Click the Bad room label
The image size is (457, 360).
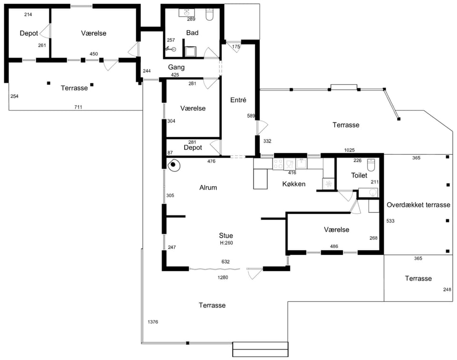click(x=192, y=33)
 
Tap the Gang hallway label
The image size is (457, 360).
click(x=176, y=67)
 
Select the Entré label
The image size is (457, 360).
click(x=238, y=100)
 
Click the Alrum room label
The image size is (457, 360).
click(x=208, y=188)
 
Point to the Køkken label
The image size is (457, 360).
click(x=294, y=184)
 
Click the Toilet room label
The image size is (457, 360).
click(x=359, y=175)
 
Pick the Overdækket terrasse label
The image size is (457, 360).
click(x=418, y=205)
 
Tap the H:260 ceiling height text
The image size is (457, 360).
click(x=227, y=243)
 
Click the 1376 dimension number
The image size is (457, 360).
click(x=153, y=322)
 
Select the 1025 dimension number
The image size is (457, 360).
click(x=349, y=150)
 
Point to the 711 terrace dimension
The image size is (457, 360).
click(x=78, y=107)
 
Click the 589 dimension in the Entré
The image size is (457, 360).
click(x=251, y=116)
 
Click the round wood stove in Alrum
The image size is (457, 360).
click(x=174, y=165)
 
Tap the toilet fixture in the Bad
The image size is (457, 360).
click(x=210, y=14)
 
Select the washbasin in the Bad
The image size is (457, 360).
click(x=186, y=12)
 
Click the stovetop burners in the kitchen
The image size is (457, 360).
click(x=278, y=164)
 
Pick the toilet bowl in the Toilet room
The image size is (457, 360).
click(x=371, y=165)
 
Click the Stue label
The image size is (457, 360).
click(x=226, y=236)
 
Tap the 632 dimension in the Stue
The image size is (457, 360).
click(x=226, y=262)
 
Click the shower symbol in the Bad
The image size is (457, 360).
click(x=171, y=49)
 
